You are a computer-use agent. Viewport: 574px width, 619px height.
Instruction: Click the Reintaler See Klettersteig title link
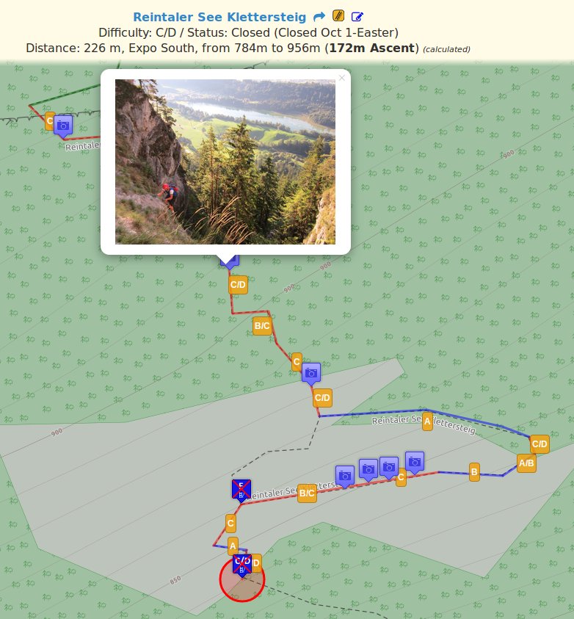tap(220, 16)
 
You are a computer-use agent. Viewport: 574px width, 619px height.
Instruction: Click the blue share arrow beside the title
tap(319, 16)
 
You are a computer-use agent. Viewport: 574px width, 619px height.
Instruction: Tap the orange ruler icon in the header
tap(338, 16)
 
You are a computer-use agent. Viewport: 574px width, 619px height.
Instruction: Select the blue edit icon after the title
tap(357, 16)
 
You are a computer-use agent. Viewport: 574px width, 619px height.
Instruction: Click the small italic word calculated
tap(447, 49)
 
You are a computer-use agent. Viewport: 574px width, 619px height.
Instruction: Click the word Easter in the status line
tap(375, 32)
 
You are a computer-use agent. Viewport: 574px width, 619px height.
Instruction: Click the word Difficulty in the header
tap(125, 32)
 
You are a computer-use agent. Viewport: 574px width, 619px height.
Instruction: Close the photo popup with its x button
tap(341, 78)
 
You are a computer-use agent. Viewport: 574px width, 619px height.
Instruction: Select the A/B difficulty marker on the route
tap(526, 463)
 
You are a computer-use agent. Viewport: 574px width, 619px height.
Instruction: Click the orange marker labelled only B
tap(474, 471)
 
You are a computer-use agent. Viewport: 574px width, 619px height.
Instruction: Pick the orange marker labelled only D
tap(256, 563)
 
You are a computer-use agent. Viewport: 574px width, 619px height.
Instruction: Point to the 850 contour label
tap(175, 580)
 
